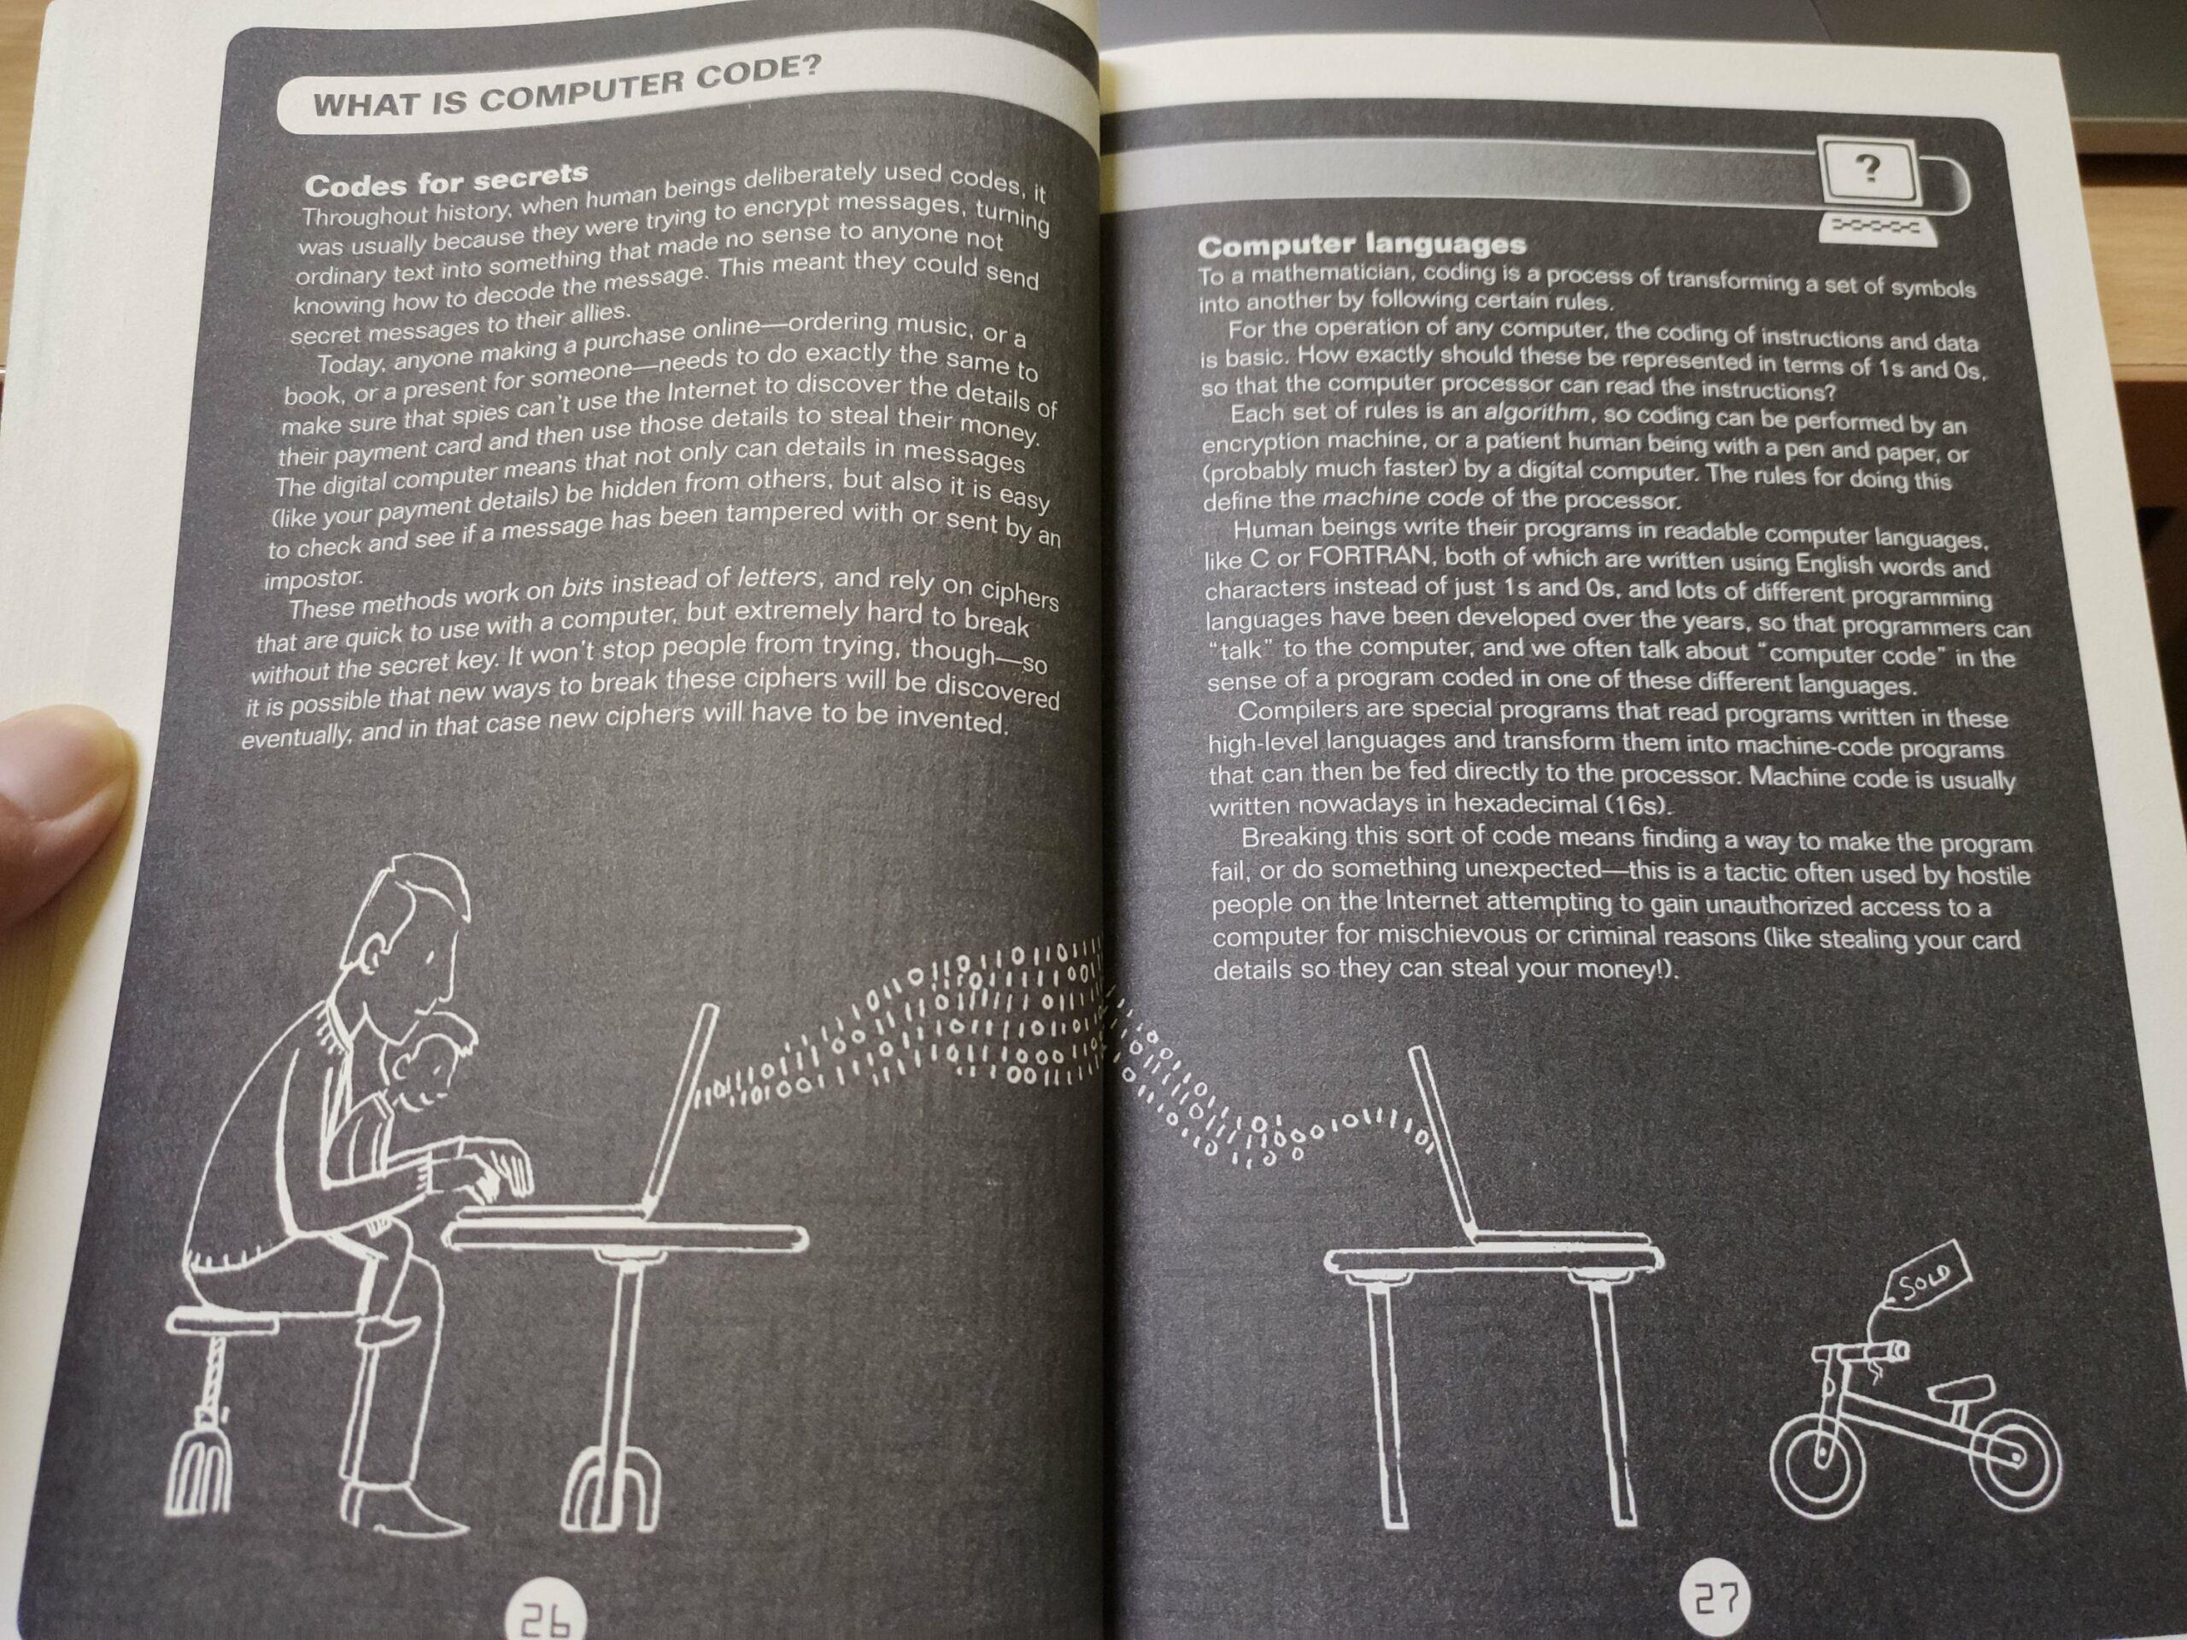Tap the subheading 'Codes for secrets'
pyautogui.click(x=446, y=180)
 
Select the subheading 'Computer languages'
pyautogui.click(x=1362, y=244)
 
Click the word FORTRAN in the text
pyautogui.click(x=1368, y=557)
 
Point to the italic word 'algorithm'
pyautogui.click(x=1536, y=414)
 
